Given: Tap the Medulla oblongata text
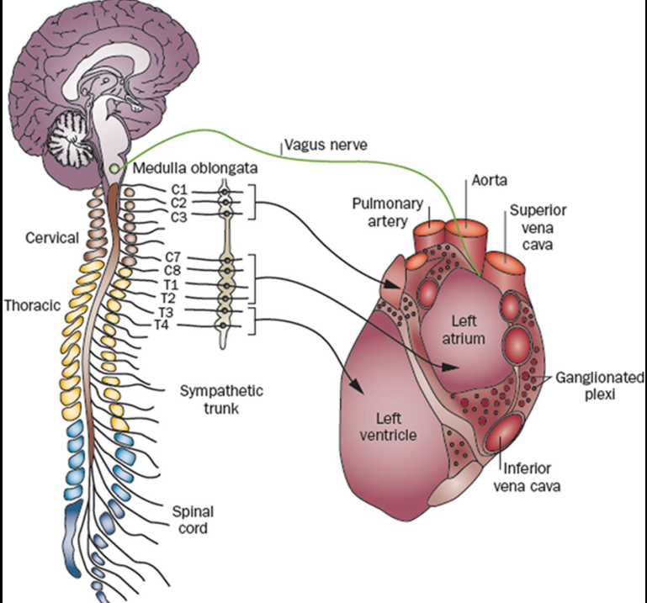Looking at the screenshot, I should point(180,171).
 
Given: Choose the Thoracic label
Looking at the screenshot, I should point(31,305).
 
